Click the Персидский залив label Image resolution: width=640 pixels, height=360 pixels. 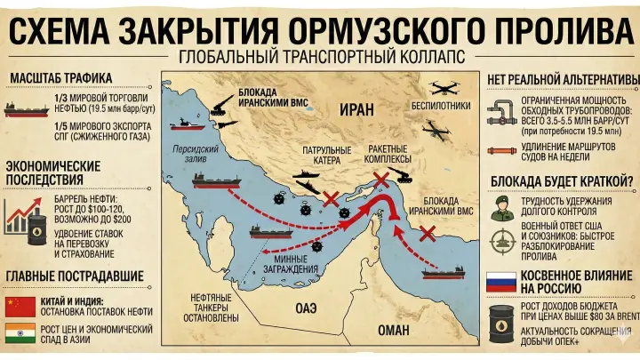pyautogui.click(x=190, y=155)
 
